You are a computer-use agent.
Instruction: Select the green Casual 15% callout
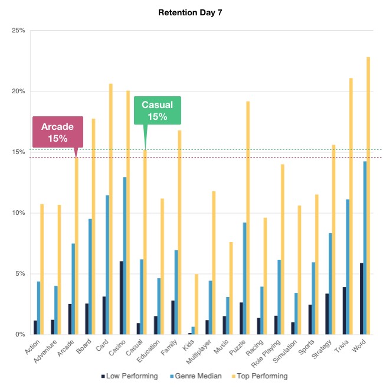coord(158,110)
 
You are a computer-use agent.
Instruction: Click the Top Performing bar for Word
coord(368,195)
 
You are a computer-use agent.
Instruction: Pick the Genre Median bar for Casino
coord(125,256)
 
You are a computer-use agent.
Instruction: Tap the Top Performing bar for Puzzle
coord(248,218)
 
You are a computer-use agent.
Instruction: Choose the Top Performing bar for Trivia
coord(351,206)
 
